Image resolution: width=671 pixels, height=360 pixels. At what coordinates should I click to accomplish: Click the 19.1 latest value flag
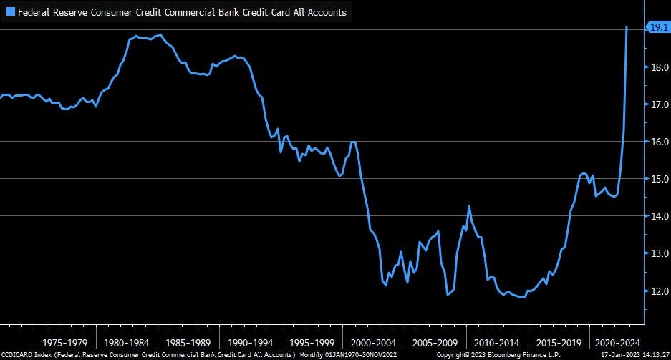point(657,28)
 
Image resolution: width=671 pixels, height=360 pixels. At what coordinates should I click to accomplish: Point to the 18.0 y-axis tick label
point(660,67)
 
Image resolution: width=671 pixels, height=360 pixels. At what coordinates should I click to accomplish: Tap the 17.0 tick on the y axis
point(660,104)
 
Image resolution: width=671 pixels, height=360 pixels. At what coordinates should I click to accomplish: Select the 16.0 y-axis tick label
point(660,142)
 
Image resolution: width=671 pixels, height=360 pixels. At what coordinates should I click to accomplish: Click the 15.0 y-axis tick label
point(660,179)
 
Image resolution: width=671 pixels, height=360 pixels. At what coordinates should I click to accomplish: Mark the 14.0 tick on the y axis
point(660,216)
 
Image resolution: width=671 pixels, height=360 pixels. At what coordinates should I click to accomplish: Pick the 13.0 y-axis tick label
point(660,253)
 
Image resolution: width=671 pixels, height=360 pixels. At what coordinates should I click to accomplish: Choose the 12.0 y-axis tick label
point(660,291)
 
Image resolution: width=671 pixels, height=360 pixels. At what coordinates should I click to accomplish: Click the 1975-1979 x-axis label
point(64,343)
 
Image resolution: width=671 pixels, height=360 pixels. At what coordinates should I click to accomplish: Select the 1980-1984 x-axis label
point(126,343)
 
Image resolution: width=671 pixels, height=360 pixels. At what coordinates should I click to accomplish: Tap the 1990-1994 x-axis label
point(251,343)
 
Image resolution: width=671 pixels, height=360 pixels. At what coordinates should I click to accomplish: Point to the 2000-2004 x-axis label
point(374,343)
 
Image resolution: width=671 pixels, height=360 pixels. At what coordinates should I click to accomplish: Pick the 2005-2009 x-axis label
point(435,343)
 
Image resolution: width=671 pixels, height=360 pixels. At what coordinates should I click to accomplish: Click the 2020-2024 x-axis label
point(617,343)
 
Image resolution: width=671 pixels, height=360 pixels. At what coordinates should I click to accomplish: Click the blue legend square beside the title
point(10,12)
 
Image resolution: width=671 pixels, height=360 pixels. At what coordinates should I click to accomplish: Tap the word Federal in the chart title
point(34,12)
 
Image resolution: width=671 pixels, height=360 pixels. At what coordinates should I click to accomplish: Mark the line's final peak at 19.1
point(627,27)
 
